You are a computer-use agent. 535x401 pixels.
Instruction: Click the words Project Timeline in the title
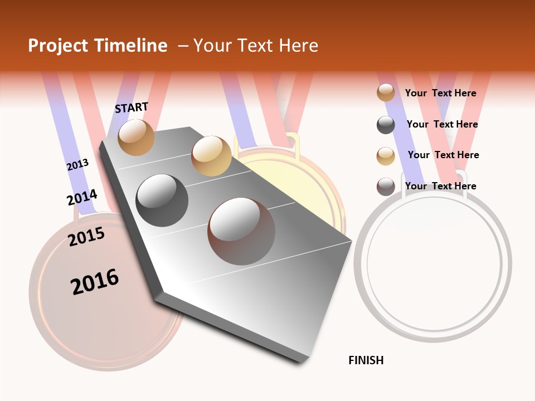click(x=98, y=46)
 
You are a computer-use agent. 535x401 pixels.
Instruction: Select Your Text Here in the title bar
click(x=256, y=46)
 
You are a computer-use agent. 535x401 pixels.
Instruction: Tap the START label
click(x=132, y=107)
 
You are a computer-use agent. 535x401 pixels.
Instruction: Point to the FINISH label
click(x=366, y=360)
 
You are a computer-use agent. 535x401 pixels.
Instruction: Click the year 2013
click(x=77, y=165)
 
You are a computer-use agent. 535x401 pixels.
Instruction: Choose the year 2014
click(x=82, y=197)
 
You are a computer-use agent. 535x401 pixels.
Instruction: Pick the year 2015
click(x=86, y=237)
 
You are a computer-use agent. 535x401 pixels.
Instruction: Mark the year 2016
click(x=95, y=282)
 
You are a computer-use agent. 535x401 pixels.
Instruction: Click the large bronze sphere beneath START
click(x=136, y=137)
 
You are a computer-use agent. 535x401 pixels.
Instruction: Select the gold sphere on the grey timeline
click(x=211, y=156)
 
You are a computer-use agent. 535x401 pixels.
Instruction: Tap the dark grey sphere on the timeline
click(x=162, y=200)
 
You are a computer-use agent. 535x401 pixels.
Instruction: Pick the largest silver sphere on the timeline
click(x=241, y=231)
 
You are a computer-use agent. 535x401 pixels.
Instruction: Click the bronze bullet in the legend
click(x=386, y=92)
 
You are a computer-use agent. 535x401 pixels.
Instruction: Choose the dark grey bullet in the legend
click(x=386, y=125)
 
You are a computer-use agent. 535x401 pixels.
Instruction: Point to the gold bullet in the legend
click(x=386, y=156)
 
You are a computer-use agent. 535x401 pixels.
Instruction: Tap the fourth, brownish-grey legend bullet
click(x=386, y=187)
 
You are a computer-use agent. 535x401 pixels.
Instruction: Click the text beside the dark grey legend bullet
click(x=442, y=124)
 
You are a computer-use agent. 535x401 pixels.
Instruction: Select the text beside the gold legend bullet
click(x=443, y=155)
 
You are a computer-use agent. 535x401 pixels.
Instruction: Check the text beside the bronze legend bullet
click(x=440, y=93)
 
